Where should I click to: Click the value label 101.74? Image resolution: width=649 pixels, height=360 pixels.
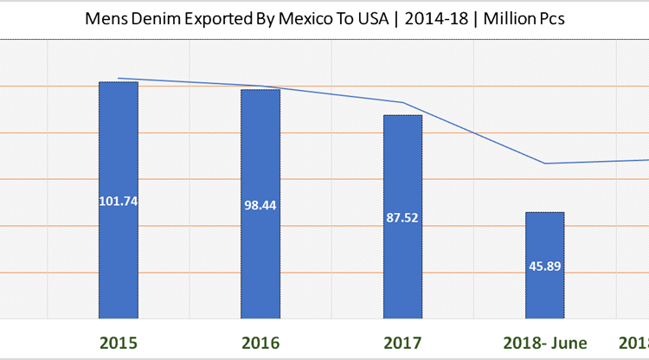pos(119,200)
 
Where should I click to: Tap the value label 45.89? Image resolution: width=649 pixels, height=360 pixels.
pos(544,266)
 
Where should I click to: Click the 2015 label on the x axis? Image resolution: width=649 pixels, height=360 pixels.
pos(119,342)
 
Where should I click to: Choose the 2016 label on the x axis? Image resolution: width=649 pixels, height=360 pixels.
pos(260,342)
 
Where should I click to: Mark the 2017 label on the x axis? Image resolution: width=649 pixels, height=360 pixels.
pos(402,342)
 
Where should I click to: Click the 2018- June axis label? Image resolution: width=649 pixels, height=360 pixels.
pos(544,342)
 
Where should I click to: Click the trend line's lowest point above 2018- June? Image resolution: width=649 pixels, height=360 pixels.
pos(545,164)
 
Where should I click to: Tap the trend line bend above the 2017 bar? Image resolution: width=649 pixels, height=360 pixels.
pos(403,103)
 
